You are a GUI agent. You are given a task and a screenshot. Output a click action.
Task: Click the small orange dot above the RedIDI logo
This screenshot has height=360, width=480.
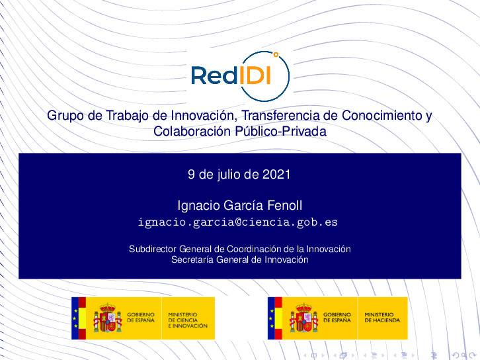point(276,55)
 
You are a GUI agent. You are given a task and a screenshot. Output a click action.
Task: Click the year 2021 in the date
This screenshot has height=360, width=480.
point(276,175)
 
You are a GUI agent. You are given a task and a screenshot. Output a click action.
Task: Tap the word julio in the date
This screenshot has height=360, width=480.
point(228,175)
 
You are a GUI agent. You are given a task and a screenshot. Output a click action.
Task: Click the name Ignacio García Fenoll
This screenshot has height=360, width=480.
point(240,205)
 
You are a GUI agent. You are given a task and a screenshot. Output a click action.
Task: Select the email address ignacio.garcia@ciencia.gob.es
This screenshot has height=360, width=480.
point(237,222)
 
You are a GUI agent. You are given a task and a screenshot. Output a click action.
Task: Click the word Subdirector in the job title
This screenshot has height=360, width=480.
point(153,249)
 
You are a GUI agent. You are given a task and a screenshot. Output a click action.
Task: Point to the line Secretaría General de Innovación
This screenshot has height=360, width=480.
point(239,260)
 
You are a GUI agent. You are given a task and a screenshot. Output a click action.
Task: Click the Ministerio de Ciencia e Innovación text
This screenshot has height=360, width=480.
point(188,320)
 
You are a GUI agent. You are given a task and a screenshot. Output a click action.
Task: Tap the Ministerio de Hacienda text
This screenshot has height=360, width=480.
point(379,317)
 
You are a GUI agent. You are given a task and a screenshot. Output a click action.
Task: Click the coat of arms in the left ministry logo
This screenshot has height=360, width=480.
point(107,318)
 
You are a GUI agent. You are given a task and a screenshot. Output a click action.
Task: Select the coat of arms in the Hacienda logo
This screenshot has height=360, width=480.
point(303,318)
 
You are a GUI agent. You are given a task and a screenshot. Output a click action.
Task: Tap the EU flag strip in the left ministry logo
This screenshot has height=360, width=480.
point(75,318)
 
